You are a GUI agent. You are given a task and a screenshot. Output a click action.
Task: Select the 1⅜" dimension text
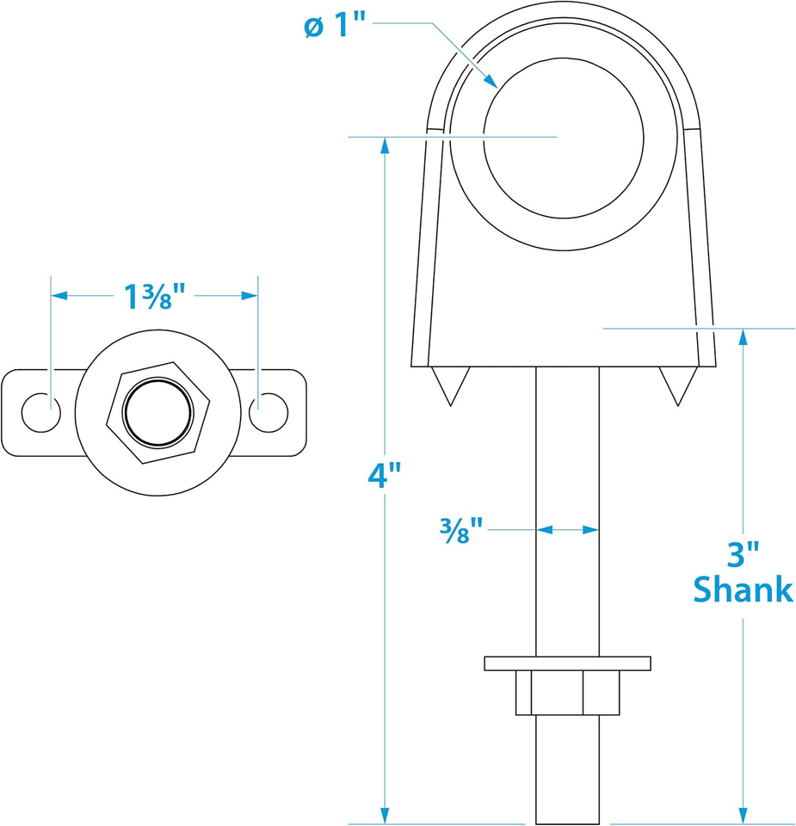coord(154,296)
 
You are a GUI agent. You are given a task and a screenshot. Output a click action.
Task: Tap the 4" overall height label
coord(385,475)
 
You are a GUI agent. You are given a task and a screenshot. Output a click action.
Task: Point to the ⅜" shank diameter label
coord(461,530)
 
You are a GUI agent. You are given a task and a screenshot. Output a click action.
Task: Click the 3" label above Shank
coord(743,554)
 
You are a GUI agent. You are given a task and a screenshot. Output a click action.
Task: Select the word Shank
coord(743,589)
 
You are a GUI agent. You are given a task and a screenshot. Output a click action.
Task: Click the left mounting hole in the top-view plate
coord(41,412)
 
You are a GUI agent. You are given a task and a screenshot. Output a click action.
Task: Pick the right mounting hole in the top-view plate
coord(268,412)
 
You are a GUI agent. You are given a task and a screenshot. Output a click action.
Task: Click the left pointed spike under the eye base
coord(450,385)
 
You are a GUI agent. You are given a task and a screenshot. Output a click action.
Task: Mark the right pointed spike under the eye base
coord(678,385)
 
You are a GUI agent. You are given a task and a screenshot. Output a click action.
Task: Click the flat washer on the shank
coord(567,663)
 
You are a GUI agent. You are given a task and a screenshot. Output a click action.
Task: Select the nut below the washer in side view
coord(567,693)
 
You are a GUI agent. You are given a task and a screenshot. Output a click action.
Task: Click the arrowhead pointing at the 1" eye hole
coord(490,80)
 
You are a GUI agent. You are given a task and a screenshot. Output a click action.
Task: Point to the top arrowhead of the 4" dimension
coord(386,145)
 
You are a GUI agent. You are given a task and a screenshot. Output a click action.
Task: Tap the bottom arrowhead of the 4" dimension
coord(386,815)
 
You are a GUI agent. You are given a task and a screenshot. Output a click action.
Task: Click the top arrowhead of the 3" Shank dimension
coord(743,337)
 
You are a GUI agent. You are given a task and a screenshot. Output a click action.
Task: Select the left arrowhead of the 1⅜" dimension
coord(59,296)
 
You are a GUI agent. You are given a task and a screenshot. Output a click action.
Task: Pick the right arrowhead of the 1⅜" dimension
coord(250,296)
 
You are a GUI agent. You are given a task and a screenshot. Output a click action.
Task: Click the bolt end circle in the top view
coord(158,412)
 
